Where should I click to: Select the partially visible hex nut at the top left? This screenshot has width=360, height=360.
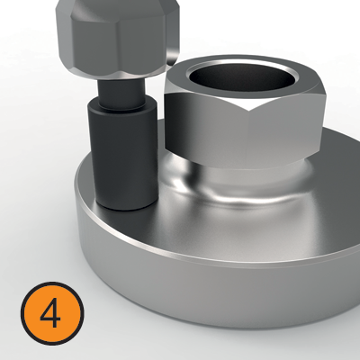click(x=108, y=31)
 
